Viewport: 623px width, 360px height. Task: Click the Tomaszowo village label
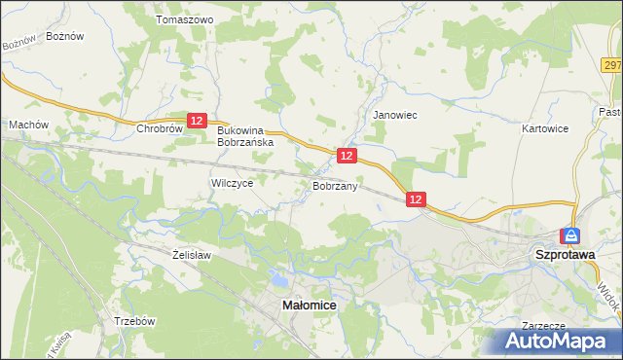(x=185, y=18)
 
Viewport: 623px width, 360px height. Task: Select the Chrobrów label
(x=161, y=128)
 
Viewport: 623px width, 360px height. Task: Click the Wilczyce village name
(x=232, y=182)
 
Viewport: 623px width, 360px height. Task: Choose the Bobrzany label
(x=337, y=185)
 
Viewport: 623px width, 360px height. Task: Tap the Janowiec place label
(x=395, y=115)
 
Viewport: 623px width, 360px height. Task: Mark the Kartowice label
(x=544, y=128)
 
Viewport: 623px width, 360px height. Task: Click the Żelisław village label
(x=191, y=254)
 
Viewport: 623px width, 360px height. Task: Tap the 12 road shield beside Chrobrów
(x=198, y=121)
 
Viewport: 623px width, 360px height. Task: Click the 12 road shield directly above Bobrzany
(x=348, y=156)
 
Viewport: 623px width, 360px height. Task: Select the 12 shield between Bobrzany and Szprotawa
(x=416, y=199)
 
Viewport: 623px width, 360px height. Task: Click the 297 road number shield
(x=612, y=65)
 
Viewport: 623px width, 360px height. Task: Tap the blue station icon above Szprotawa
(x=570, y=235)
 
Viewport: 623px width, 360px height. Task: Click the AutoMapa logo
(x=557, y=341)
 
